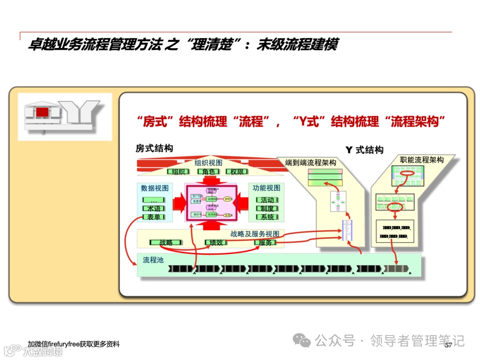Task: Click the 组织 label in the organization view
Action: (x=178, y=172)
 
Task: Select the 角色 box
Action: (x=208, y=172)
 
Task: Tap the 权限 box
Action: (x=237, y=172)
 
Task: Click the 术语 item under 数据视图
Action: (x=154, y=208)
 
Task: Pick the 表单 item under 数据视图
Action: (x=154, y=217)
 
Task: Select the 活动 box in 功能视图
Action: (x=267, y=200)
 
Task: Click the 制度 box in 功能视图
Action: (x=267, y=208)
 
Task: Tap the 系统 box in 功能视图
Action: (x=267, y=217)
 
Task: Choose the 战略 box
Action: (x=165, y=243)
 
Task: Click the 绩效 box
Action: (x=216, y=243)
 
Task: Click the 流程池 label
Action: (x=153, y=260)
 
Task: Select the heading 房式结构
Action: (x=154, y=148)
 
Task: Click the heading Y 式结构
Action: (x=364, y=150)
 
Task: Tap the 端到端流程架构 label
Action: (x=311, y=163)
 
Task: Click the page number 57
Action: (x=448, y=345)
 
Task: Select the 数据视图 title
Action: (x=155, y=188)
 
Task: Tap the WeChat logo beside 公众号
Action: (x=304, y=341)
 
